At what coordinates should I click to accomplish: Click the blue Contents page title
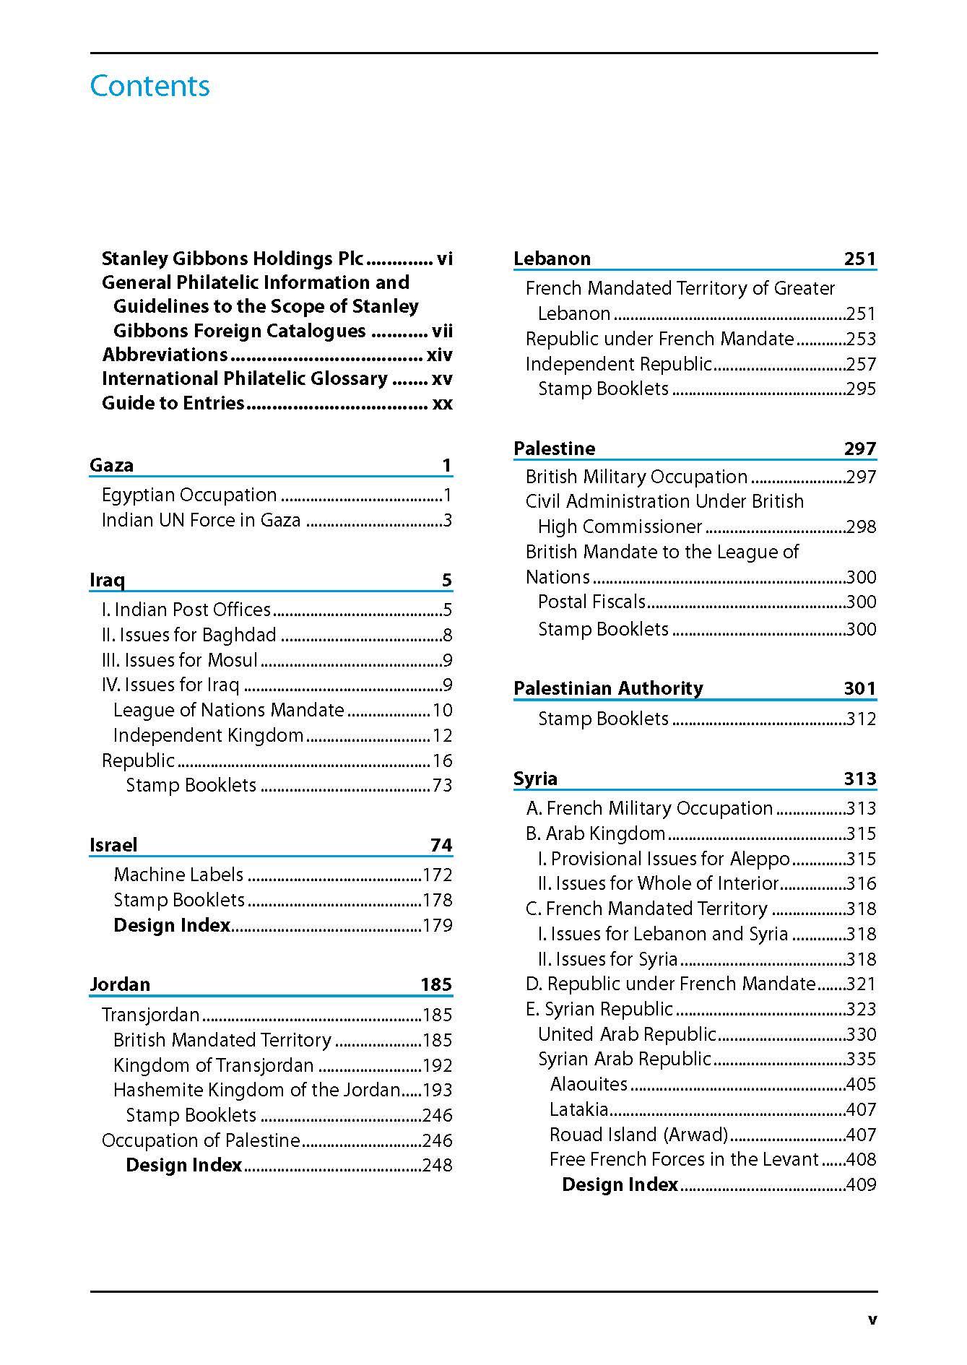tap(149, 86)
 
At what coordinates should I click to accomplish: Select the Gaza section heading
tap(111, 465)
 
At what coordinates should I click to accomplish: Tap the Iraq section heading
tap(107, 580)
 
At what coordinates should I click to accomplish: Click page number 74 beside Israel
tap(441, 845)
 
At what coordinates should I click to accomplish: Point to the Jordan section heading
tap(120, 984)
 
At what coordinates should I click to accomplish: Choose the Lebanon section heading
tap(552, 259)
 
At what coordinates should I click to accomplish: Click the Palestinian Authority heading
tap(608, 688)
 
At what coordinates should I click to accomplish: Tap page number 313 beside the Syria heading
tap(859, 779)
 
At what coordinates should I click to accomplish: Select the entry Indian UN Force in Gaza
tap(201, 520)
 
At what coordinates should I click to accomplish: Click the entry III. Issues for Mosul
tap(179, 660)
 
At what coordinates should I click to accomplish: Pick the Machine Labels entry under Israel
tap(178, 875)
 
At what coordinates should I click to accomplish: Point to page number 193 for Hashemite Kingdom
tap(437, 1090)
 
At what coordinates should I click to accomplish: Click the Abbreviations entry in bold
tap(165, 355)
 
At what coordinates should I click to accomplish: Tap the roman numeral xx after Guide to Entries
tap(442, 403)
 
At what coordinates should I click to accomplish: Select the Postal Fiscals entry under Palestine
tap(591, 602)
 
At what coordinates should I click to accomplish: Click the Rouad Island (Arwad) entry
tap(638, 1135)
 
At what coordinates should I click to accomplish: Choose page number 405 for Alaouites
tap(861, 1084)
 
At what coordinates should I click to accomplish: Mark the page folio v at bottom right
tap(872, 1320)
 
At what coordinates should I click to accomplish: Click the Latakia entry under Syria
tap(578, 1109)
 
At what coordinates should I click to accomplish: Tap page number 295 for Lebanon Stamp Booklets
tap(861, 389)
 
